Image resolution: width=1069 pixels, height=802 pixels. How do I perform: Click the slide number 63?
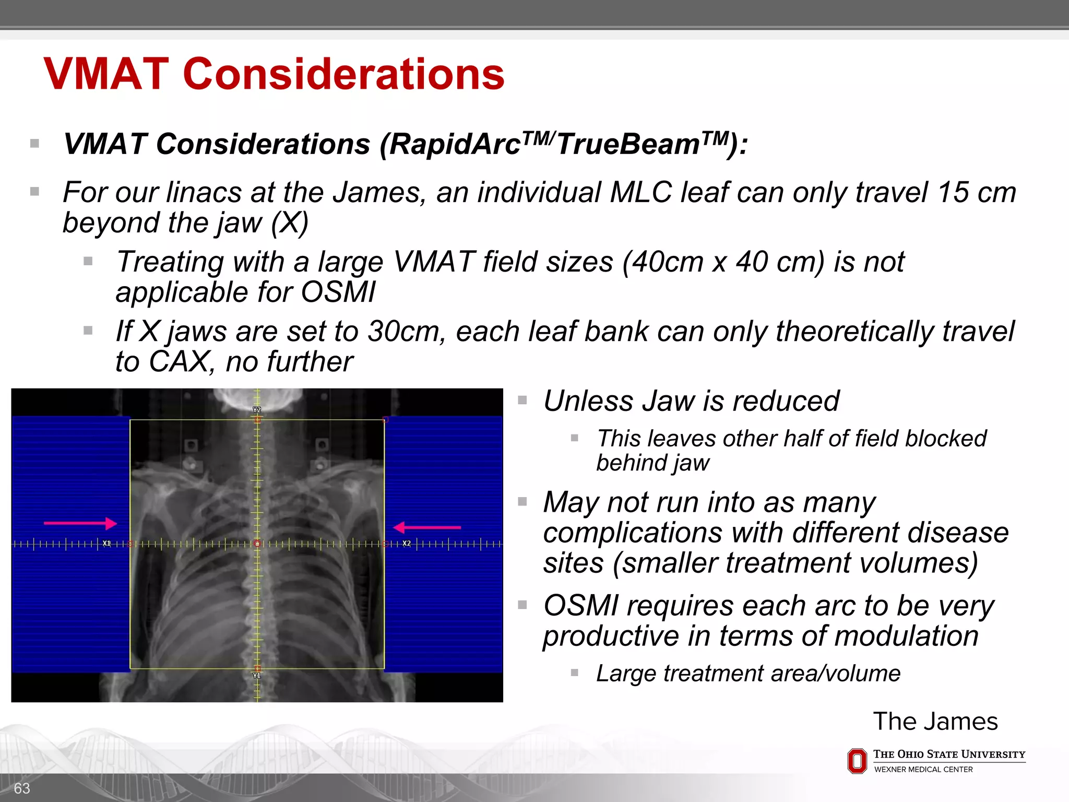(22, 788)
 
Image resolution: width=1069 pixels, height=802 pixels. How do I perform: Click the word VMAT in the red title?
(106, 74)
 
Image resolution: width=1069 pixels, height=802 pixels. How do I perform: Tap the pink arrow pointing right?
(80, 523)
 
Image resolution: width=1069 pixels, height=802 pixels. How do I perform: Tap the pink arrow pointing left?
(426, 527)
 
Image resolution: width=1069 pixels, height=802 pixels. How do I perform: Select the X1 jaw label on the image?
(106, 544)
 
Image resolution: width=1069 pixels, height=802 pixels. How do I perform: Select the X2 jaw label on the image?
(407, 544)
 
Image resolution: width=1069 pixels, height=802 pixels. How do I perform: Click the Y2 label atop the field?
(257, 410)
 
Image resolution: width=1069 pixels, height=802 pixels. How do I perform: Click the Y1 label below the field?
(257, 676)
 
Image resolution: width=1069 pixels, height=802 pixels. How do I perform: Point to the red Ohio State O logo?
(857, 761)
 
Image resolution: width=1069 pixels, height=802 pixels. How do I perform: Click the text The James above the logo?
(935, 722)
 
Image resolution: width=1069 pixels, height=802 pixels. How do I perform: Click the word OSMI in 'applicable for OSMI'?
(338, 292)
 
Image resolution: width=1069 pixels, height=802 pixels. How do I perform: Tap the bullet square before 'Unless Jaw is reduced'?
(522, 400)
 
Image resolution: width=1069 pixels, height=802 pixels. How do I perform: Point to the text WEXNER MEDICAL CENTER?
(923, 770)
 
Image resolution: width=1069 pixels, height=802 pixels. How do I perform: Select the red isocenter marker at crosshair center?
(257, 544)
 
